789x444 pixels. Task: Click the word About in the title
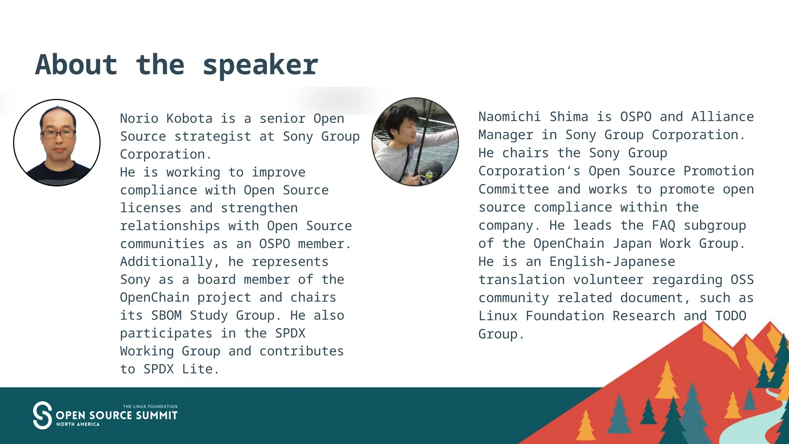click(x=76, y=65)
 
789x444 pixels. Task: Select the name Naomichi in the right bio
click(x=509, y=117)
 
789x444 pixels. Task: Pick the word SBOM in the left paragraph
click(x=166, y=315)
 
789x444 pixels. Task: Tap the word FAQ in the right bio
click(x=663, y=225)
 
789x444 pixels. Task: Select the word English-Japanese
click(x=612, y=262)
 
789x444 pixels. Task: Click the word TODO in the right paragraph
click(x=730, y=316)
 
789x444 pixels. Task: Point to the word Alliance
click(x=722, y=117)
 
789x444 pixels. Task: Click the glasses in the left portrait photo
click(x=58, y=134)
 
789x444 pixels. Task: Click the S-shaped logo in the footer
click(x=42, y=415)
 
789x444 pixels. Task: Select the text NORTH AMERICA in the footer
click(x=78, y=424)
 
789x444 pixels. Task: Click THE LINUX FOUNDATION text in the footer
click(x=150, y=406)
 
